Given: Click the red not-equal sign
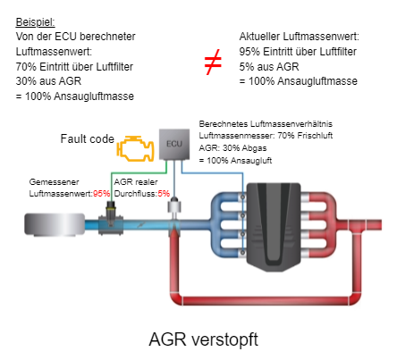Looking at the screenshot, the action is click(x=213, y=62).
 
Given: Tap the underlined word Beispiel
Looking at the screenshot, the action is click(x=35, y=22).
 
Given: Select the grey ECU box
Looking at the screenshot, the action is click(x=174, y=144).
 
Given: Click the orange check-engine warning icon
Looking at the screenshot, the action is click(x=136, y=148).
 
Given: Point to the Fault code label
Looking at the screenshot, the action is click(x=88, y=138).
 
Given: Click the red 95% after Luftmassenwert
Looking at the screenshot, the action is click(x=101, y=194).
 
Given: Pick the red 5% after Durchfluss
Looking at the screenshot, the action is click(x=164, y=194).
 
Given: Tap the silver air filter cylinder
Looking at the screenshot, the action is click(x=55, y=224).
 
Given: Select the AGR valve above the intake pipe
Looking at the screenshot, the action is click(x=174, y=206).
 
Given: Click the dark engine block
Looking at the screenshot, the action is click(x=274, y=226).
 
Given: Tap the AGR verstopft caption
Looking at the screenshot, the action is click(x=204, y=339).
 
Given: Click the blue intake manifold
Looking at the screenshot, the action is click(x=227, y=224).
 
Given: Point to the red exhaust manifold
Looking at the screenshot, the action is click(x=319, y=224).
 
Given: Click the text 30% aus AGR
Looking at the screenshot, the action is click(x=48, y=81).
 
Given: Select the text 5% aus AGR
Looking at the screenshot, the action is click(x=269, y=66).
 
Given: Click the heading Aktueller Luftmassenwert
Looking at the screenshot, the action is click(x=300, y=37).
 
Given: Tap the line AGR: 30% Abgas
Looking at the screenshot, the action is click(x=232, y=148).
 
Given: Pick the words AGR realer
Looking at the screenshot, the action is click(x=136, y=181).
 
